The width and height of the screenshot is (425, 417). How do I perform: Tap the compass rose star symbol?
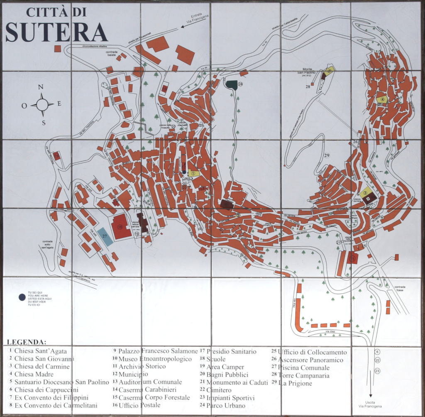42,105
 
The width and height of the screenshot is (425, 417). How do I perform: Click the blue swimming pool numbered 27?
105,237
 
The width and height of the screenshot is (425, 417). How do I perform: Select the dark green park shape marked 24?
232,85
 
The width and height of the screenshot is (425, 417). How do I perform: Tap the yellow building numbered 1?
193,173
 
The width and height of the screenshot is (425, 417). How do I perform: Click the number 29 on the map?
327,155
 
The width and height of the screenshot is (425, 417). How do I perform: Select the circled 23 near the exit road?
377,371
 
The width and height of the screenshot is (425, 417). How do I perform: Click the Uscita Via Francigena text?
370,404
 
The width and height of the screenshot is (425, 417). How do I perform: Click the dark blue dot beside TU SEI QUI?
21,297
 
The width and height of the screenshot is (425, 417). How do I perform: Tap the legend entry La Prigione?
295,383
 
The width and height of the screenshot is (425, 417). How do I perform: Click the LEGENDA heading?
27,342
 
